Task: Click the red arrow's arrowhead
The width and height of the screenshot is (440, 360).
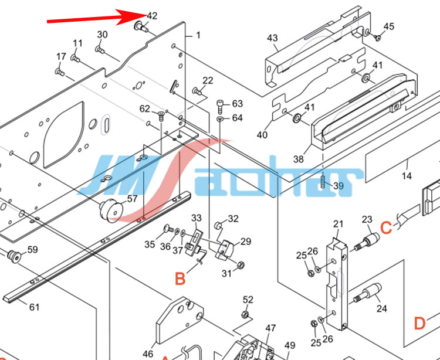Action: click(x=132, y=16)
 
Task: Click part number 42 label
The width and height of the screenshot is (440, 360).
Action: click(x=152, y=16)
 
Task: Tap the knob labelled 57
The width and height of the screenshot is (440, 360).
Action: click(x=111, y=210)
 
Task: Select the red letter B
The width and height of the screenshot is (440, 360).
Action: click(x=180, y=279)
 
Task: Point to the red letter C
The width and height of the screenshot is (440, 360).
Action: click(x=386, y=227)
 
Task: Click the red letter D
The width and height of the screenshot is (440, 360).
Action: click(x=420, y=323)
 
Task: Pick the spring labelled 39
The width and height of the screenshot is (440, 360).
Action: click(x=323, y=182)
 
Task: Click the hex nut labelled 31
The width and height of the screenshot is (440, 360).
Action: click(x=241, y=264)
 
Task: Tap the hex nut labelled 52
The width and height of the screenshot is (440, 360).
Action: click(x=245, y=315)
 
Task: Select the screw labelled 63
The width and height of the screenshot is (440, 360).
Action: click(x=220, y=107)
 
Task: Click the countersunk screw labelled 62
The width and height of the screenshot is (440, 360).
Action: click(x=161, y=116)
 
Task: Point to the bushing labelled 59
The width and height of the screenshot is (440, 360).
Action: click(x=14, y=256)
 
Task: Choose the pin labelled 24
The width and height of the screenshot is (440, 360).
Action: click(x=368, y=293)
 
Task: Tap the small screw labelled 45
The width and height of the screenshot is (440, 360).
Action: click(x=378, y=38)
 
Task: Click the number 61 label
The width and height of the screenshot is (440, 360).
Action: click(x=35, y=307)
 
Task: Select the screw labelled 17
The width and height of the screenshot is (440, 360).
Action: click(x=59, y=72)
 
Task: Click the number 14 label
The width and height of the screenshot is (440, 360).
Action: click(x=407, y=176)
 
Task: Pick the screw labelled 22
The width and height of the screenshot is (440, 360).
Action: click(x=198, y=91)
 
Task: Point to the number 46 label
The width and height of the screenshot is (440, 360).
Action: click(x=148, y=354)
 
